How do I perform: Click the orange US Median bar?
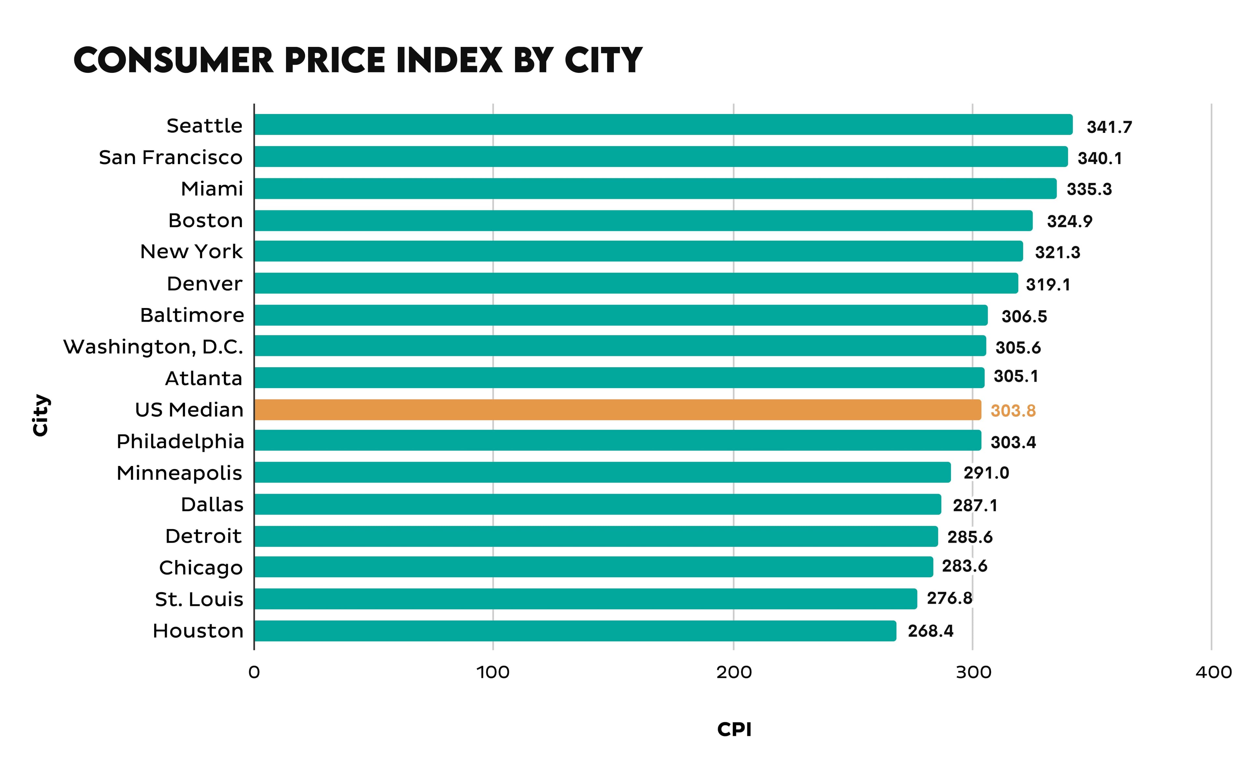pyautogui.click(x=617, y=410)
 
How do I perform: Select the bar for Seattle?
pyautogui.click(x=663, y=125)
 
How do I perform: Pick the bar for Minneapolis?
pyautogui.click(x=602, y=472)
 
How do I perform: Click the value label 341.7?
pyautogui.click(x=1109, y=127)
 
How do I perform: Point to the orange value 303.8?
pyautogui.click(x=1013, y=411)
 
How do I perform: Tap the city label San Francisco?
pyautogui.click(x=170, y=158)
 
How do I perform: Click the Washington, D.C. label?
pyautogui.click(x=153, y=347)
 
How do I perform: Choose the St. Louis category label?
pyautogui.click(x=199, y=599)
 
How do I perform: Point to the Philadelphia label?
pyautogui.click(x=180, y=441)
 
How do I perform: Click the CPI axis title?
pyautogui.click(x=734, y=729)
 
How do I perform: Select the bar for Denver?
pyautogui.click(x=636, y=283)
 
